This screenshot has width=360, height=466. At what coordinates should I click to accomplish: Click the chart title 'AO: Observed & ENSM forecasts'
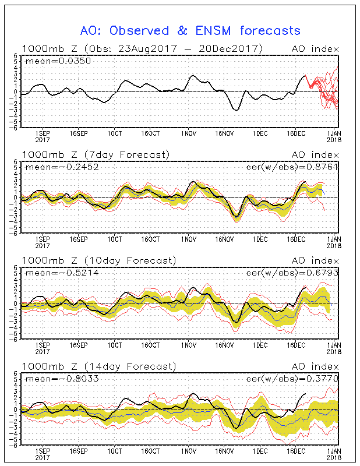point(190,30)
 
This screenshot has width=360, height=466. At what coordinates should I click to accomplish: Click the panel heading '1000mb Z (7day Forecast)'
point(96,154)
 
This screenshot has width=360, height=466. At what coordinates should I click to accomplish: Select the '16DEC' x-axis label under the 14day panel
point(297,451)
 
